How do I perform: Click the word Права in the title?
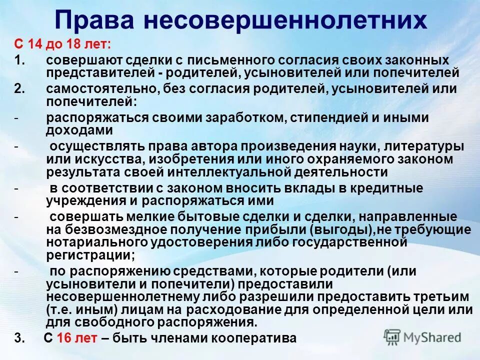(94, 20)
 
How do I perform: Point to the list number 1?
(18, 60)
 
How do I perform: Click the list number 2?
(19, 89)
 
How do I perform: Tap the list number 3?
(19, 338)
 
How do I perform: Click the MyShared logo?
(422, 336)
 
